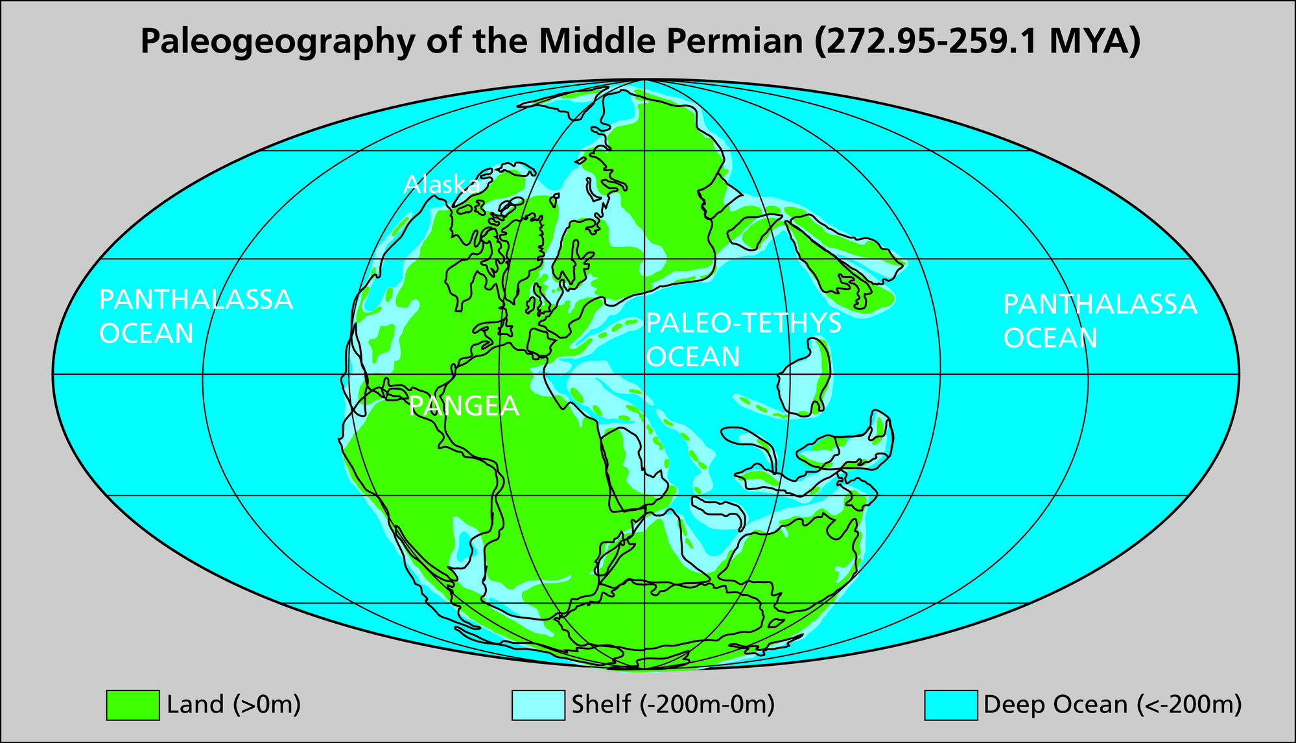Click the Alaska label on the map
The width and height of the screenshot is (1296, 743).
click(x=442, y=185)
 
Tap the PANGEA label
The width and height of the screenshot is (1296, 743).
click(x=464, y=407)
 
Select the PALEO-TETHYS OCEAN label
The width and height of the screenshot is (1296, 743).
click(x=743, y=340)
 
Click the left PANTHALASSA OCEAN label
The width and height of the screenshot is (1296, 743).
click(x=195, y=316)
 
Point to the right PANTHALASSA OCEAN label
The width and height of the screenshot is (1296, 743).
click(x=1100, y=321)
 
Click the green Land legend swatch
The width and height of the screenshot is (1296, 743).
click(x=133, y=705)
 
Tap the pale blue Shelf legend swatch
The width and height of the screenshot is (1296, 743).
click(x=538, y=705)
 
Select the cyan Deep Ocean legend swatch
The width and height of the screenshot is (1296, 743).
click(x=950, y=705)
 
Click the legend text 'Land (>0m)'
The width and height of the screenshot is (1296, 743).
click(x=234, y=705)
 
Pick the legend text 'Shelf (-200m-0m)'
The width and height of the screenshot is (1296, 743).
click(x=673, y=705)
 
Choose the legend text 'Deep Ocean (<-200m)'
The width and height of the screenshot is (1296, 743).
click(x=1113, y=705)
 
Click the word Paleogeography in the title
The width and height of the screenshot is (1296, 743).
click(x=277, y=41)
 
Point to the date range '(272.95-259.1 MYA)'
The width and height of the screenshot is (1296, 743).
click(x=978, y=41)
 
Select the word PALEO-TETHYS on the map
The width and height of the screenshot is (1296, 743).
click(x=743, y=323)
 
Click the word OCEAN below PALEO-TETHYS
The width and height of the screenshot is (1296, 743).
click(x=693, y=357)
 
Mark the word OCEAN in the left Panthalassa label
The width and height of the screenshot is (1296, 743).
click(x=147, y=333)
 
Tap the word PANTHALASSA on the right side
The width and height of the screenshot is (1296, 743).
click(x=1100, y=304)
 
